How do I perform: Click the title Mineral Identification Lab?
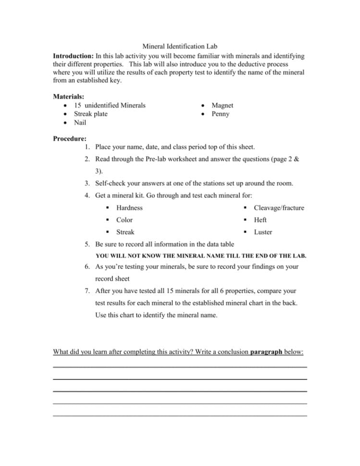[x=180, y=47]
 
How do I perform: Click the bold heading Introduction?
[x=74, y=56]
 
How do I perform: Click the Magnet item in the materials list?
[x=222, y=105]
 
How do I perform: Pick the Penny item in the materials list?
[x=220, y=114]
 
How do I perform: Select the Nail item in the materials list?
[x=80, y=123]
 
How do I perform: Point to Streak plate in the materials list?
[x=90, y=114]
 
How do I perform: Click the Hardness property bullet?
[x=129, y=208]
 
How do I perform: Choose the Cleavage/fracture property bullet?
[x=279, y=208]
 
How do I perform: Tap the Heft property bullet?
[x=260, y=220]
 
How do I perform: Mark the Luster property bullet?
[x=262, y=232]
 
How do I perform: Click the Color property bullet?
[x=124, y=220]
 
